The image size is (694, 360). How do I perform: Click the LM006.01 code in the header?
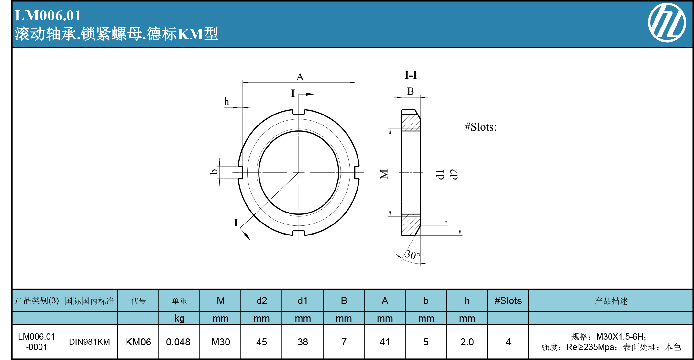tap(48, 16)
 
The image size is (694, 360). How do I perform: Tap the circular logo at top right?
tap(667, 23)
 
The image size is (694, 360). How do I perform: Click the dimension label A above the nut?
tap(300, 77)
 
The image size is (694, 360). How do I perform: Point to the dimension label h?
tap(226, 102)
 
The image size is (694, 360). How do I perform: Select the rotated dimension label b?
tap(214, 172)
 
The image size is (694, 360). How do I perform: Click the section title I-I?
tap(411, 75)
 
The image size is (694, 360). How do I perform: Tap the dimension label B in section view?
tap(410, 92)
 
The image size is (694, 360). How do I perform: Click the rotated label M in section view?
tap(384, 174)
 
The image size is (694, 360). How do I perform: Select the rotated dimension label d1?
tap(440, 174)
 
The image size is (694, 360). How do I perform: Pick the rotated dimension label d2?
tap(455, 174)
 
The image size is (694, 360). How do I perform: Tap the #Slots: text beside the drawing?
tap(480, 127)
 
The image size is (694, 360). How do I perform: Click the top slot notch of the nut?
tap(299, 112)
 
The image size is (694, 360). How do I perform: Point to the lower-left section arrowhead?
tap(247, 236)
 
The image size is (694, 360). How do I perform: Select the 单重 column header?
tap(179, 301)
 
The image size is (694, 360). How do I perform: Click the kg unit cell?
tap(179, 318)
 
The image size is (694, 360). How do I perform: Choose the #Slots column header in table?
tap(508, 301)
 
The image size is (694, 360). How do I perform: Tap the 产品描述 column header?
tap(611, 301)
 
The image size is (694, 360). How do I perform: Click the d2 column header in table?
tap(261, 301)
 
